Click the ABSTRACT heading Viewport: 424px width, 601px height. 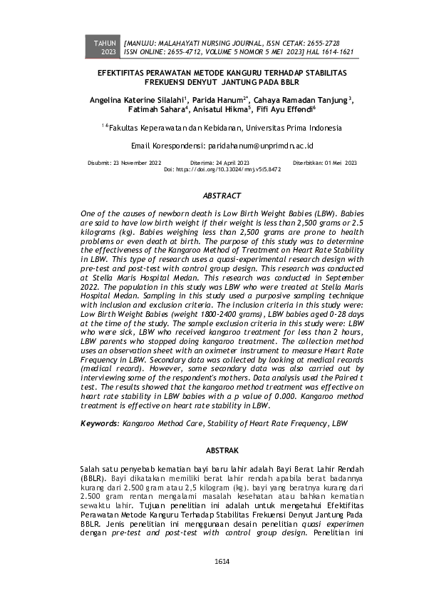click(222, 195)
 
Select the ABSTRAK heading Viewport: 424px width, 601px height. click(222, 450)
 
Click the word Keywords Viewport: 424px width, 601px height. click(98, 423)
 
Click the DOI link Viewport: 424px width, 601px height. click(235, 171)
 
